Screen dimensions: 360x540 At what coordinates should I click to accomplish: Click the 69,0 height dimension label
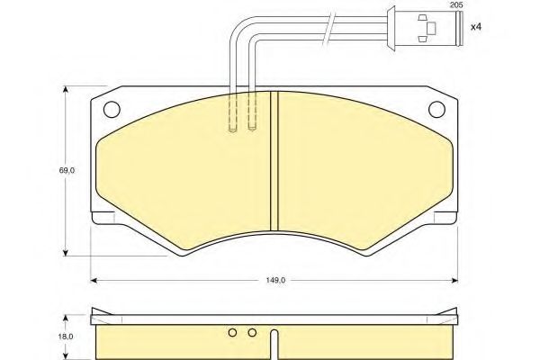[54, 167]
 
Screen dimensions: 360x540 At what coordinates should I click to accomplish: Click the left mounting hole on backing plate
[112, 112]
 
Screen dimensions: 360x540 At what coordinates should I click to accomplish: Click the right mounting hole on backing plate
[437, 112]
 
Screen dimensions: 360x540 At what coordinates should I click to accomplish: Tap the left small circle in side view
[232, 334]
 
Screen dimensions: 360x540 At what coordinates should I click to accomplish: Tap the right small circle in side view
[252, 334]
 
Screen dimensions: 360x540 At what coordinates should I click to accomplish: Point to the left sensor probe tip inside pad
[232, 129]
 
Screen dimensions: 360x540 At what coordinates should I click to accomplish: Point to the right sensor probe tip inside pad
[253, 129]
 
